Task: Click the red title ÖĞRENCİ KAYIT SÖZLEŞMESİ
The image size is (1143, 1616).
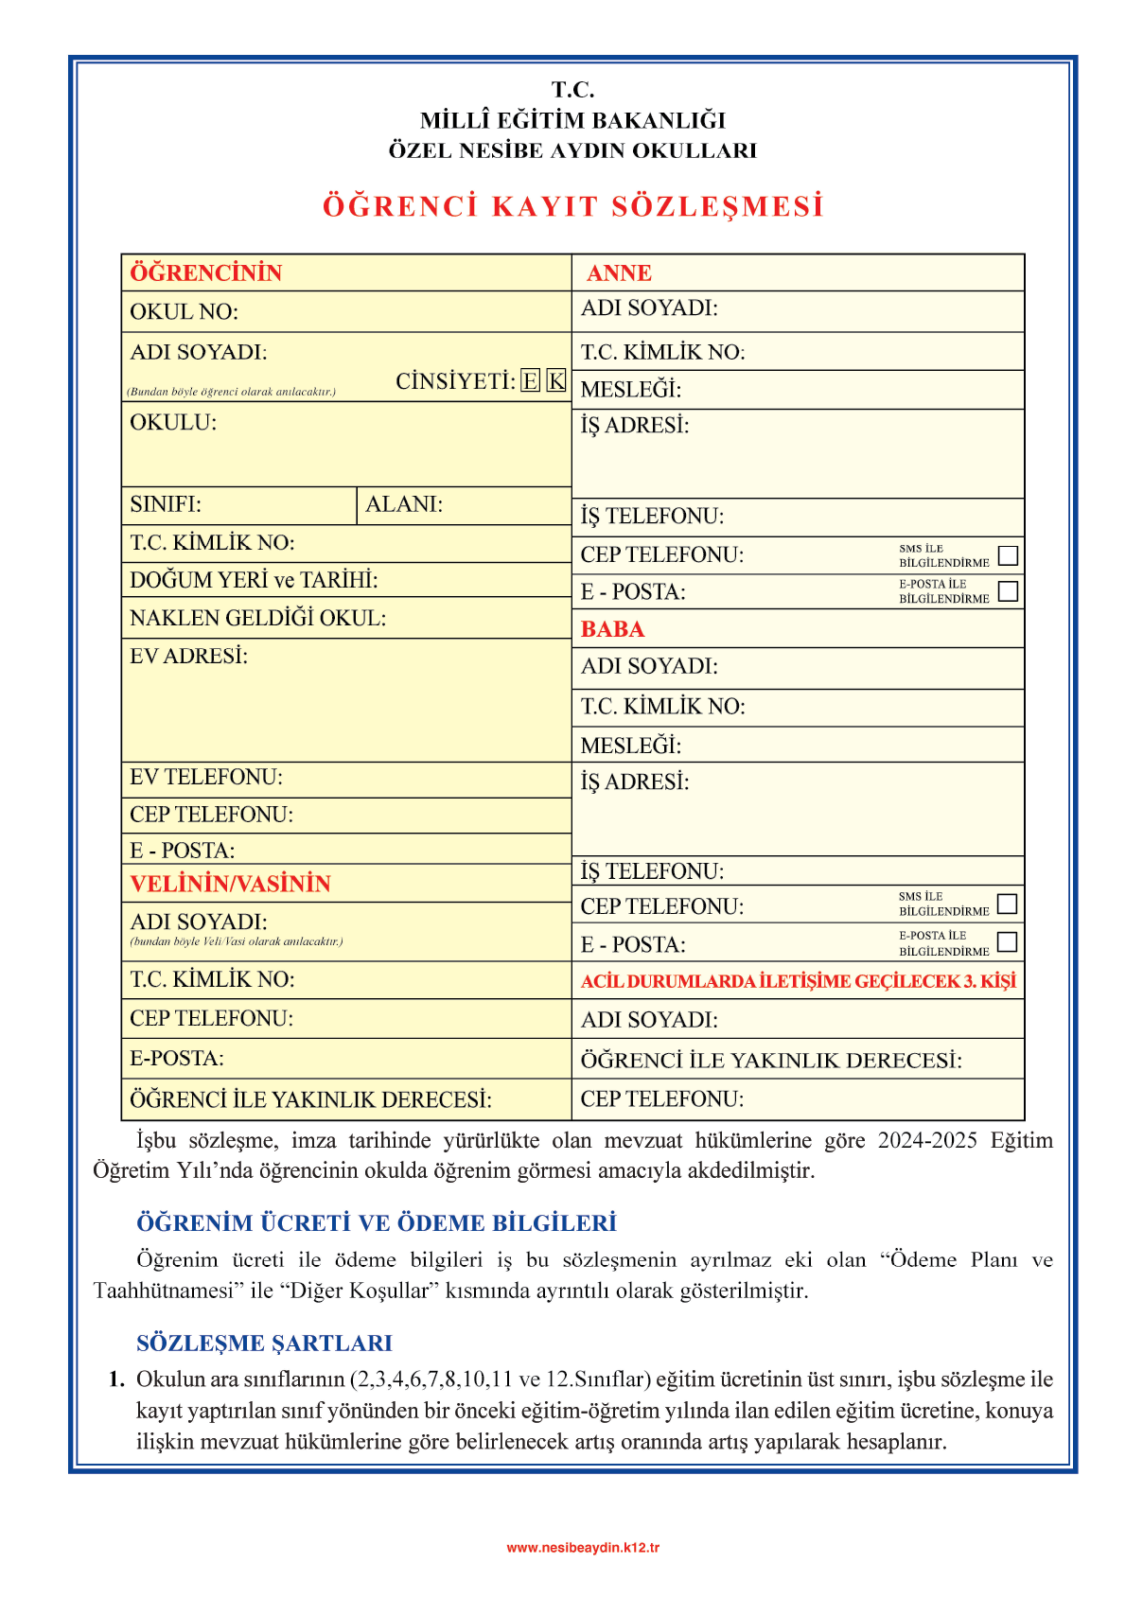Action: coord(572,206)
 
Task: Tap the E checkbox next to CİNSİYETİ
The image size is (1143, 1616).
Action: coord(531,381)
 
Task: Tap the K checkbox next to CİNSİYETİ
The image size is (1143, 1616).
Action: coord(556,381)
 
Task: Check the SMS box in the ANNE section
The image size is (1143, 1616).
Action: coord(1009,555)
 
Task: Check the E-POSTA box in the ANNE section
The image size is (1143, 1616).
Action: coord(1009,591)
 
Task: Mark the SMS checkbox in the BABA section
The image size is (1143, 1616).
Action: coord(1008,904)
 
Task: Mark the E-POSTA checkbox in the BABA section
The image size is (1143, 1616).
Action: coord(1008,942)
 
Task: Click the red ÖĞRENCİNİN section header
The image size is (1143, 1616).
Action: coord(206,273)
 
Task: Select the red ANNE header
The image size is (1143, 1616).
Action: coord(619,273)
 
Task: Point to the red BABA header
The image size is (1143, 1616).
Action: coord(612,629)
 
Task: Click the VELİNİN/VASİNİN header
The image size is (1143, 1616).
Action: coord(230,884)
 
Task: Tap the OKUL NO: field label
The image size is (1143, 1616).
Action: coord(184,312)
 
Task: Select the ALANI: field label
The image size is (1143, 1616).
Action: coord(404,504)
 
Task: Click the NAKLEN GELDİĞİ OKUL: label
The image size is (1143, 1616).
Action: coord(257,619)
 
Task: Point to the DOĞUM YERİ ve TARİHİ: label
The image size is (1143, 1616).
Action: coord(254,580)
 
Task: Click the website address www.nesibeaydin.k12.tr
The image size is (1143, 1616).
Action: coord(583,1548)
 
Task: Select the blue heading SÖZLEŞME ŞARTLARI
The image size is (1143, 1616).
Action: coord(264,1344)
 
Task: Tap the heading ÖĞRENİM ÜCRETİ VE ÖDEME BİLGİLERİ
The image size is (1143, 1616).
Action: coord(377,1223)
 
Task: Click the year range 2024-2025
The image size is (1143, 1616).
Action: coord(927,1140)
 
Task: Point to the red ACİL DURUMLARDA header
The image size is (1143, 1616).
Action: coord(798,981)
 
